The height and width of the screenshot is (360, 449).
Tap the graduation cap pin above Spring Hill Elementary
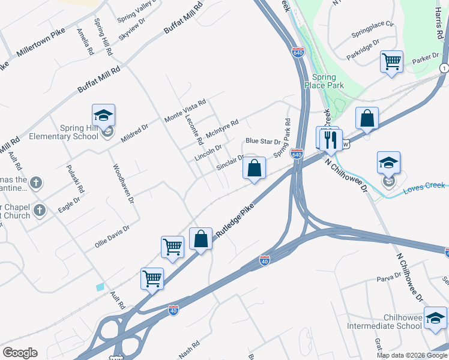coord(103,115)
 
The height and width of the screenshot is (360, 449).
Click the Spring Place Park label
coord(328,81)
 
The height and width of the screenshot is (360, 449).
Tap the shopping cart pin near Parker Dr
coord(391,61)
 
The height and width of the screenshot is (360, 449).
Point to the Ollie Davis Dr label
coord(112,237)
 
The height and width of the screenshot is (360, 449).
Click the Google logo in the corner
coord(20,353)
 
